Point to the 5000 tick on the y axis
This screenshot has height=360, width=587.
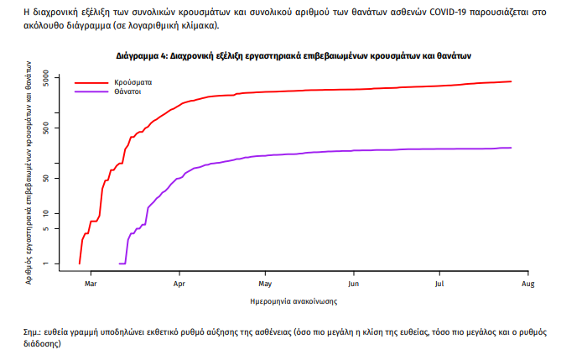(x=47, y=79)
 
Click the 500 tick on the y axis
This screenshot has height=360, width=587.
(x=47, y=128)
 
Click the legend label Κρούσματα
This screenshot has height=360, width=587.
(x=133, y=83)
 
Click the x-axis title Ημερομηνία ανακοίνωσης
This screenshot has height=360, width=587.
(x=293, y=300)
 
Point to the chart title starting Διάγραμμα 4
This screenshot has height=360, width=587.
(x=293, y=56)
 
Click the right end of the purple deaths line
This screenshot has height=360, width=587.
(x=511, y=148)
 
